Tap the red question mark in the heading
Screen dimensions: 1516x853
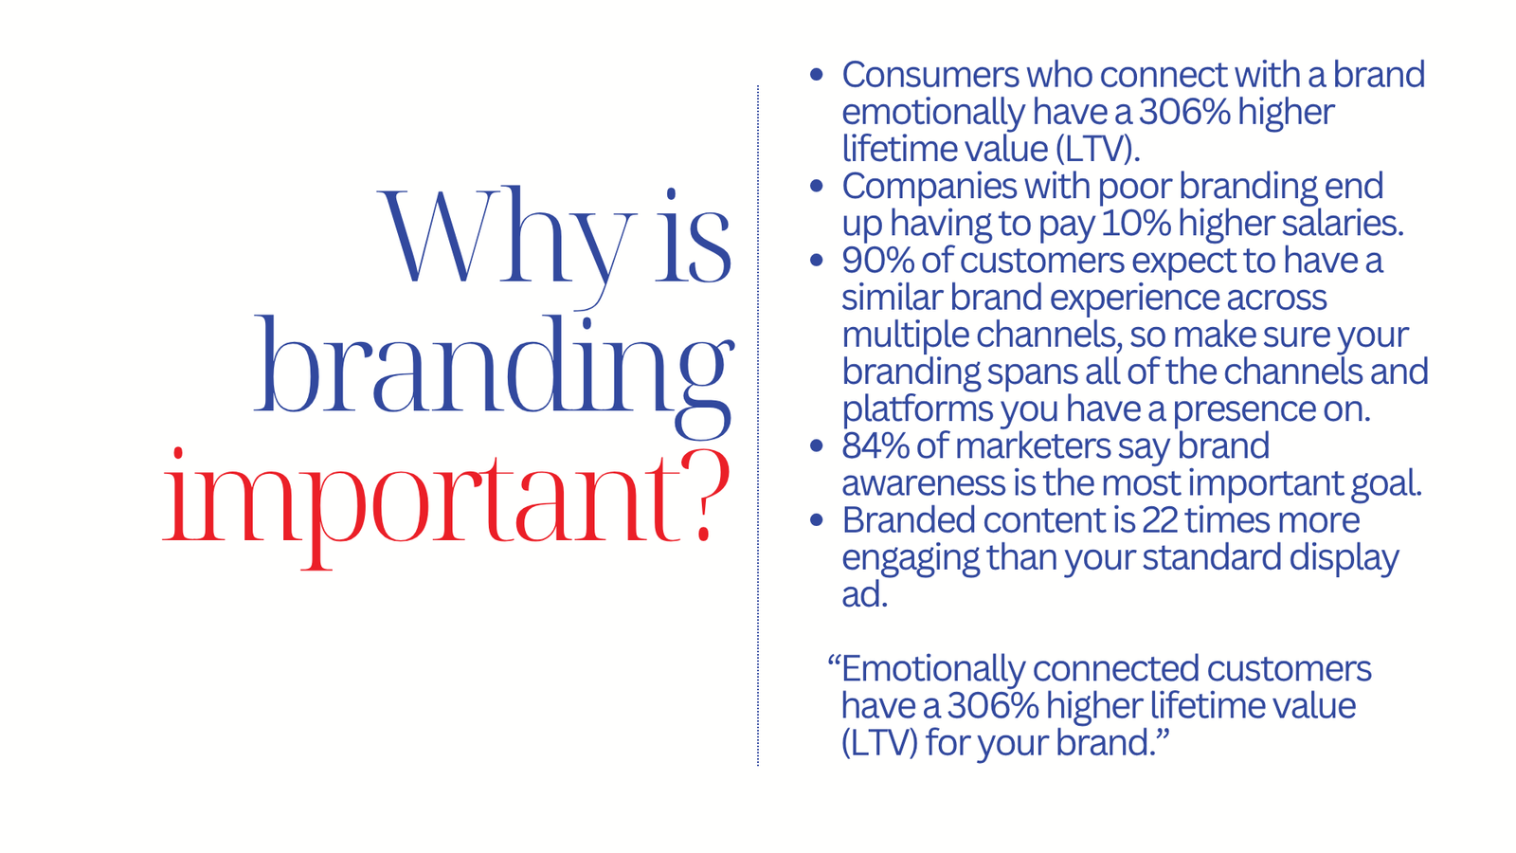point(706,497)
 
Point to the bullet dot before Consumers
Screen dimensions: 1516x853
point(816,75)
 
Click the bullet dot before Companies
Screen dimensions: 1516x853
point(816,186)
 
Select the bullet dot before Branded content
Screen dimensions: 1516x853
point(816,520)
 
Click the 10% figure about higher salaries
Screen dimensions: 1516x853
point(1136,224)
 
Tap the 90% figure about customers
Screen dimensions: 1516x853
point(877,261)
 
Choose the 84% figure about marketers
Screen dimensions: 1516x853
point(875,446)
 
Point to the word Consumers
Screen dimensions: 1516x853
point(929,75)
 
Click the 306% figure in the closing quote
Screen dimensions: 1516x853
point(993,706)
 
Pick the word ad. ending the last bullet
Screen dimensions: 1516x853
point(864,594)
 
